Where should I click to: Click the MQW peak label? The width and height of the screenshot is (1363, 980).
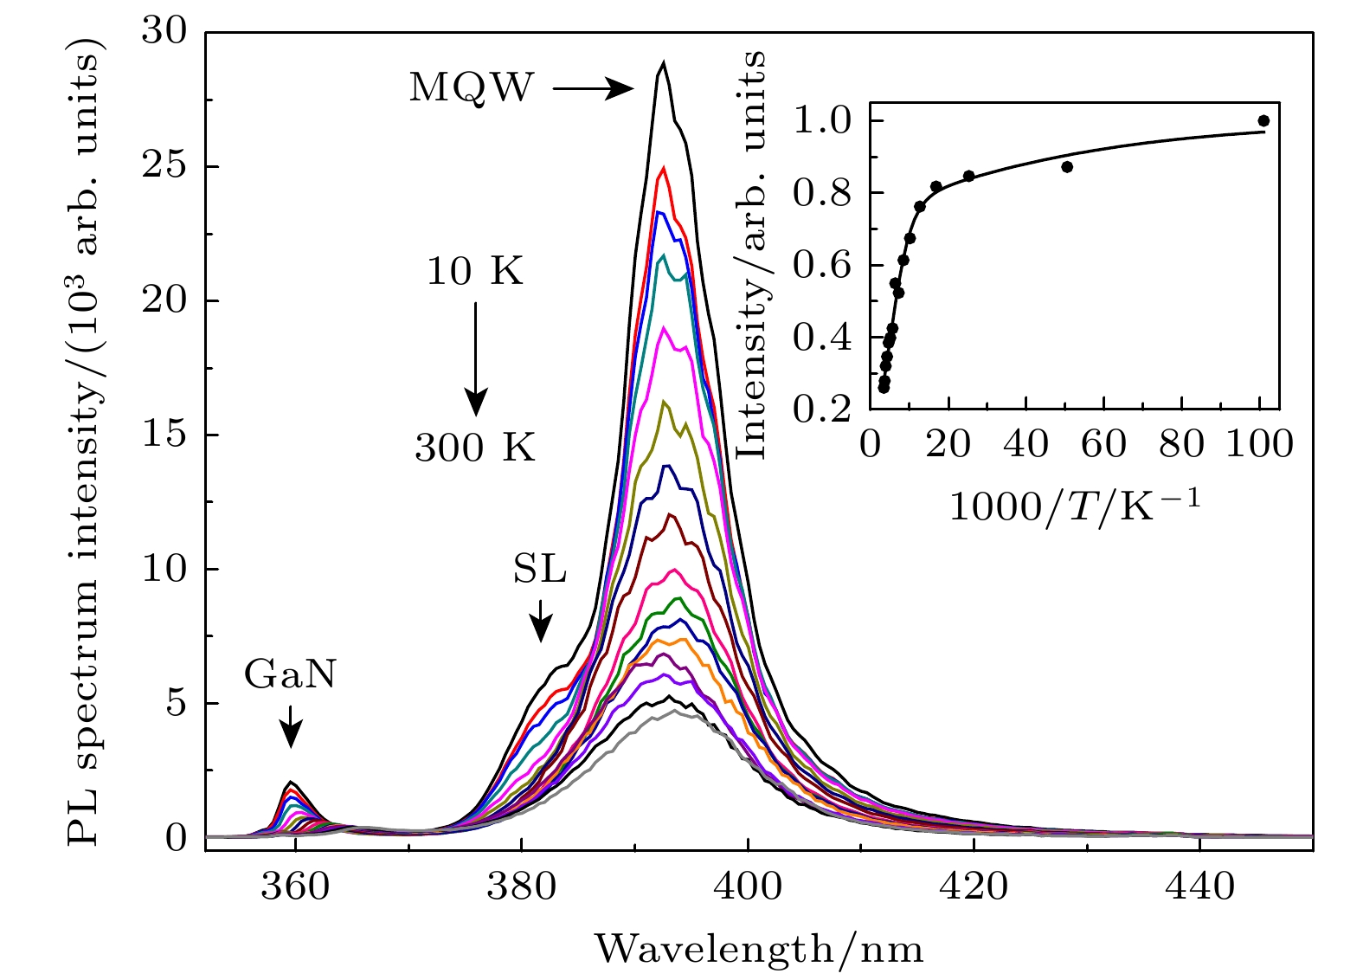click(472, 87)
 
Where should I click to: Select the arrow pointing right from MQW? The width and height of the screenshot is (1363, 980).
click(594, 88)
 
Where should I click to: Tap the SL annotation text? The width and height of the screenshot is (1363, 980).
click(540, 571)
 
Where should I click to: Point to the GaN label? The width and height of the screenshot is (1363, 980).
click(289, 674)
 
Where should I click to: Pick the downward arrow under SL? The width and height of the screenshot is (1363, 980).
click(541, 621)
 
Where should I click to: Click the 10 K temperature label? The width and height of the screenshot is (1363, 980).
click(475, 272)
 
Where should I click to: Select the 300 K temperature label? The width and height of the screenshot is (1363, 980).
click(475, 448)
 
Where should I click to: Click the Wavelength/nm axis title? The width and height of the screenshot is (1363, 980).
click(759, 949)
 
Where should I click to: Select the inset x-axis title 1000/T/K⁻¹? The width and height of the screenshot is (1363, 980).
click(1076, 505)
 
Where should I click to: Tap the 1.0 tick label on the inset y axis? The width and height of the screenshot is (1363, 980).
click(821, 120)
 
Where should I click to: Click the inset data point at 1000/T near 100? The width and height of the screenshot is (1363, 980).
click(1263, 120)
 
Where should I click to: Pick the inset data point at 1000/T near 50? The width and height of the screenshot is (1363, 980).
click(1067, 166)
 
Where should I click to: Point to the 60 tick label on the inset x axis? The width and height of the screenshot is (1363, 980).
click(1104, 444)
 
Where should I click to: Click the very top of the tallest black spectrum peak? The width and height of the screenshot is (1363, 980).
click(663, 62)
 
